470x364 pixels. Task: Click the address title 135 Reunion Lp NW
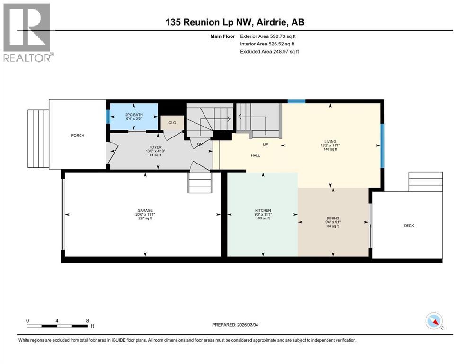[235, 22]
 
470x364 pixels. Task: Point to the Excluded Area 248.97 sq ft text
[269, 51]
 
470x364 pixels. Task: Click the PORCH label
[78, 136]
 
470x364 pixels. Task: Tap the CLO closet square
[172, 123]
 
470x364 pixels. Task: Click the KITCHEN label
[263, 210]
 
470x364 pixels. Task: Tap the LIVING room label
[330, 141]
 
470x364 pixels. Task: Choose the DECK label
[408, 226]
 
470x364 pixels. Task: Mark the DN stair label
[200, 145]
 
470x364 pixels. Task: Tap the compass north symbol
[434, 321]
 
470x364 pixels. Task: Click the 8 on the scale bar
[88, 320]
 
